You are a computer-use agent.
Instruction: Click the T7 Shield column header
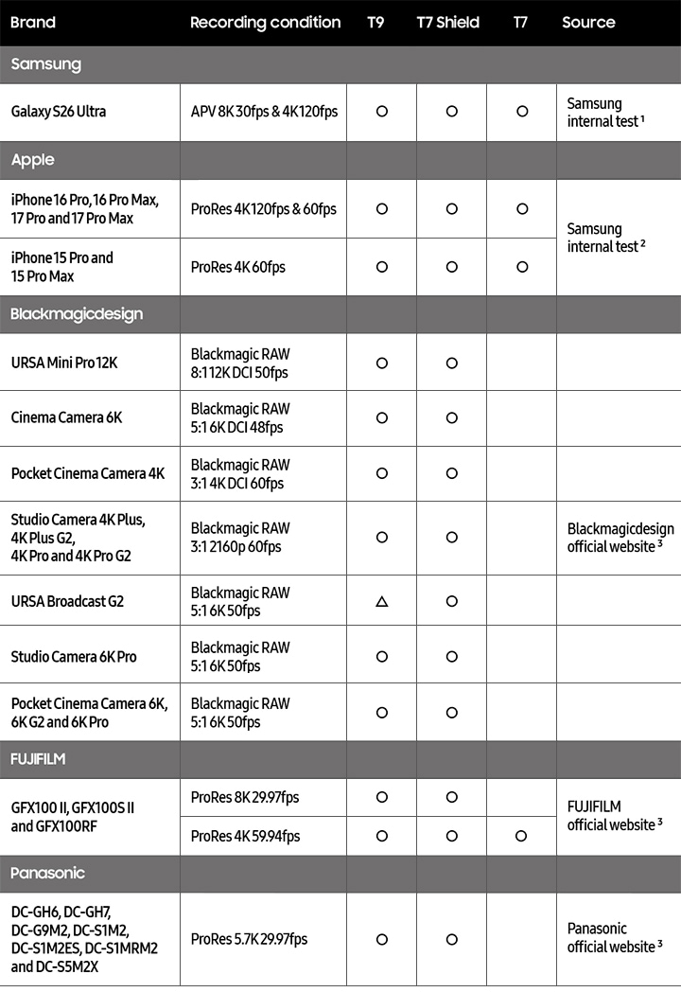click(447, 22)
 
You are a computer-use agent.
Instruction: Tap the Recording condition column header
click(265, 22)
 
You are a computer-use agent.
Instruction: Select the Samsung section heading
click(45, 64)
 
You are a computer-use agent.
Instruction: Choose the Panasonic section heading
click(47, 873)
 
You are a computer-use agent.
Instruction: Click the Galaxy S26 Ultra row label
click(59, 112)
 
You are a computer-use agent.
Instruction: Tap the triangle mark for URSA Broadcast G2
click(382, 601)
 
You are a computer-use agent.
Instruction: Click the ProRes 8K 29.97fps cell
click(244, 797)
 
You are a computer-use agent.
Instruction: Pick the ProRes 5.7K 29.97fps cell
click(248, 939)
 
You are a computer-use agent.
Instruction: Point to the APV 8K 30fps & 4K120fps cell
click(264, 112)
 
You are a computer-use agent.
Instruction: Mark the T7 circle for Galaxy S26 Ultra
click(522, 112)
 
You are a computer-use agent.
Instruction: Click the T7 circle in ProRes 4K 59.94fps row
click(522, 836)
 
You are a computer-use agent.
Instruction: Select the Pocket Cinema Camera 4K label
click(87, 473)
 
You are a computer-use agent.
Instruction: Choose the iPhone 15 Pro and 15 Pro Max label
click(61, 267)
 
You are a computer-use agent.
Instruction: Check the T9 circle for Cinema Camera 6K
click(382, 417)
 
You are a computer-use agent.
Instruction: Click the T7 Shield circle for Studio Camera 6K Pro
click(452, 656)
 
